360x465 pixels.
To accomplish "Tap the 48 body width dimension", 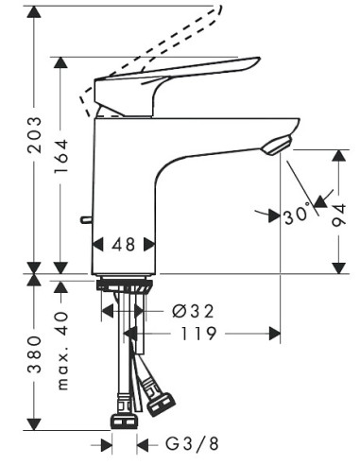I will pos(124,244).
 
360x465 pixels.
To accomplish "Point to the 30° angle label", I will pos(297,215).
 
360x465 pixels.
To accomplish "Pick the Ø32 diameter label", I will pos(193,310).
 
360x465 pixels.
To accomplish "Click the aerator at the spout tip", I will pos(277,144).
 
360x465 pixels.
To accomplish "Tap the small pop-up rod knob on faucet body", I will pos(86,219).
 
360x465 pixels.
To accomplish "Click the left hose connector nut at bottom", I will pos(124,421).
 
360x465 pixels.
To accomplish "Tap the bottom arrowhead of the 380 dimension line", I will pos(35,423).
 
